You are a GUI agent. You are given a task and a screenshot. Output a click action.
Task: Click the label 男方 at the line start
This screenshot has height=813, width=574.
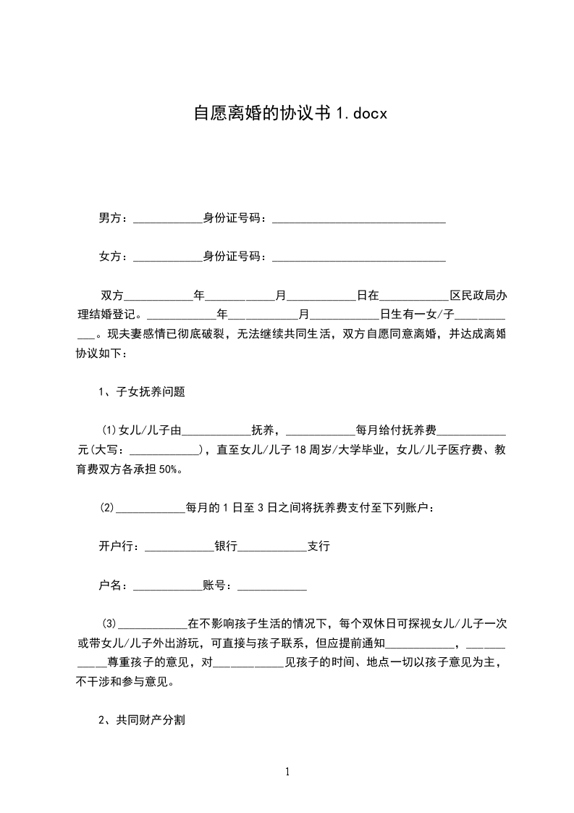pyautogui.click(x=111, y=217)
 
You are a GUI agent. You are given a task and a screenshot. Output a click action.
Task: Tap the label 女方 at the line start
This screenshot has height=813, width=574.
pyautogui.click(x=111, y=257)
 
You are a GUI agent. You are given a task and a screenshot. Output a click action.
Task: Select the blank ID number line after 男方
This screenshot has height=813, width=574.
pyautogui.click(x=358, y=219)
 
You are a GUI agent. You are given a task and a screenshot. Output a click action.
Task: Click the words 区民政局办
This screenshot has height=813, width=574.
pyautogui.click(x=478, y=296)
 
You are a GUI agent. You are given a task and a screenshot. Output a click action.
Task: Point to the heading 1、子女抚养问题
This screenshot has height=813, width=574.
pyautogui.click(x=142, y=392)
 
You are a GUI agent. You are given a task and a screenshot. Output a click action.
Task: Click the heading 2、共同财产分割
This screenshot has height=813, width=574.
pyautogui.click(x=142, y=720)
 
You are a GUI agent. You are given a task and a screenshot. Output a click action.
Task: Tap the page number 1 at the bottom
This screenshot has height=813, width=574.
pyautogui.click(x=287, y=772)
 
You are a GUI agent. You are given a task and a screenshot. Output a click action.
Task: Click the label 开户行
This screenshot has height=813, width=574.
pyautogui.click(x=119, y=546)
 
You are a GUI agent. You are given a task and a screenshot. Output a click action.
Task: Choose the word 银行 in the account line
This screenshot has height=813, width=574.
pyautogui.click(x=226, y=546)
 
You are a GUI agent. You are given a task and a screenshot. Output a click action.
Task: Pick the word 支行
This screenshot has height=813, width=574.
pyautogui.click(x=318, y=546)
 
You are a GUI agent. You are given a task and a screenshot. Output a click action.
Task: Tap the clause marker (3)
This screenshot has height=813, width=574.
pyautogui.click(x=109, y=623)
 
